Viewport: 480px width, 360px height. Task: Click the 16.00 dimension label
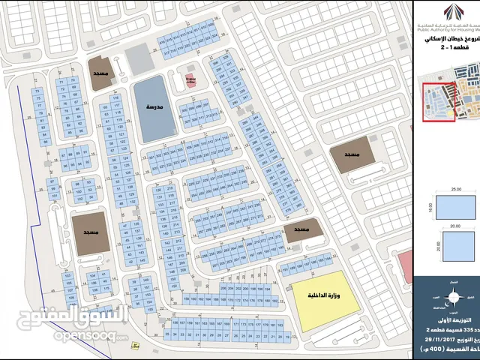click(428, 213)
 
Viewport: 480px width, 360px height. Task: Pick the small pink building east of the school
click(191, 80)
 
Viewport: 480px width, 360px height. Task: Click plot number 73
click(37, 89)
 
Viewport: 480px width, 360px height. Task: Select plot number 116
click(115, 97)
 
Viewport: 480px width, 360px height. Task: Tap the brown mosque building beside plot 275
click(304, 229)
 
